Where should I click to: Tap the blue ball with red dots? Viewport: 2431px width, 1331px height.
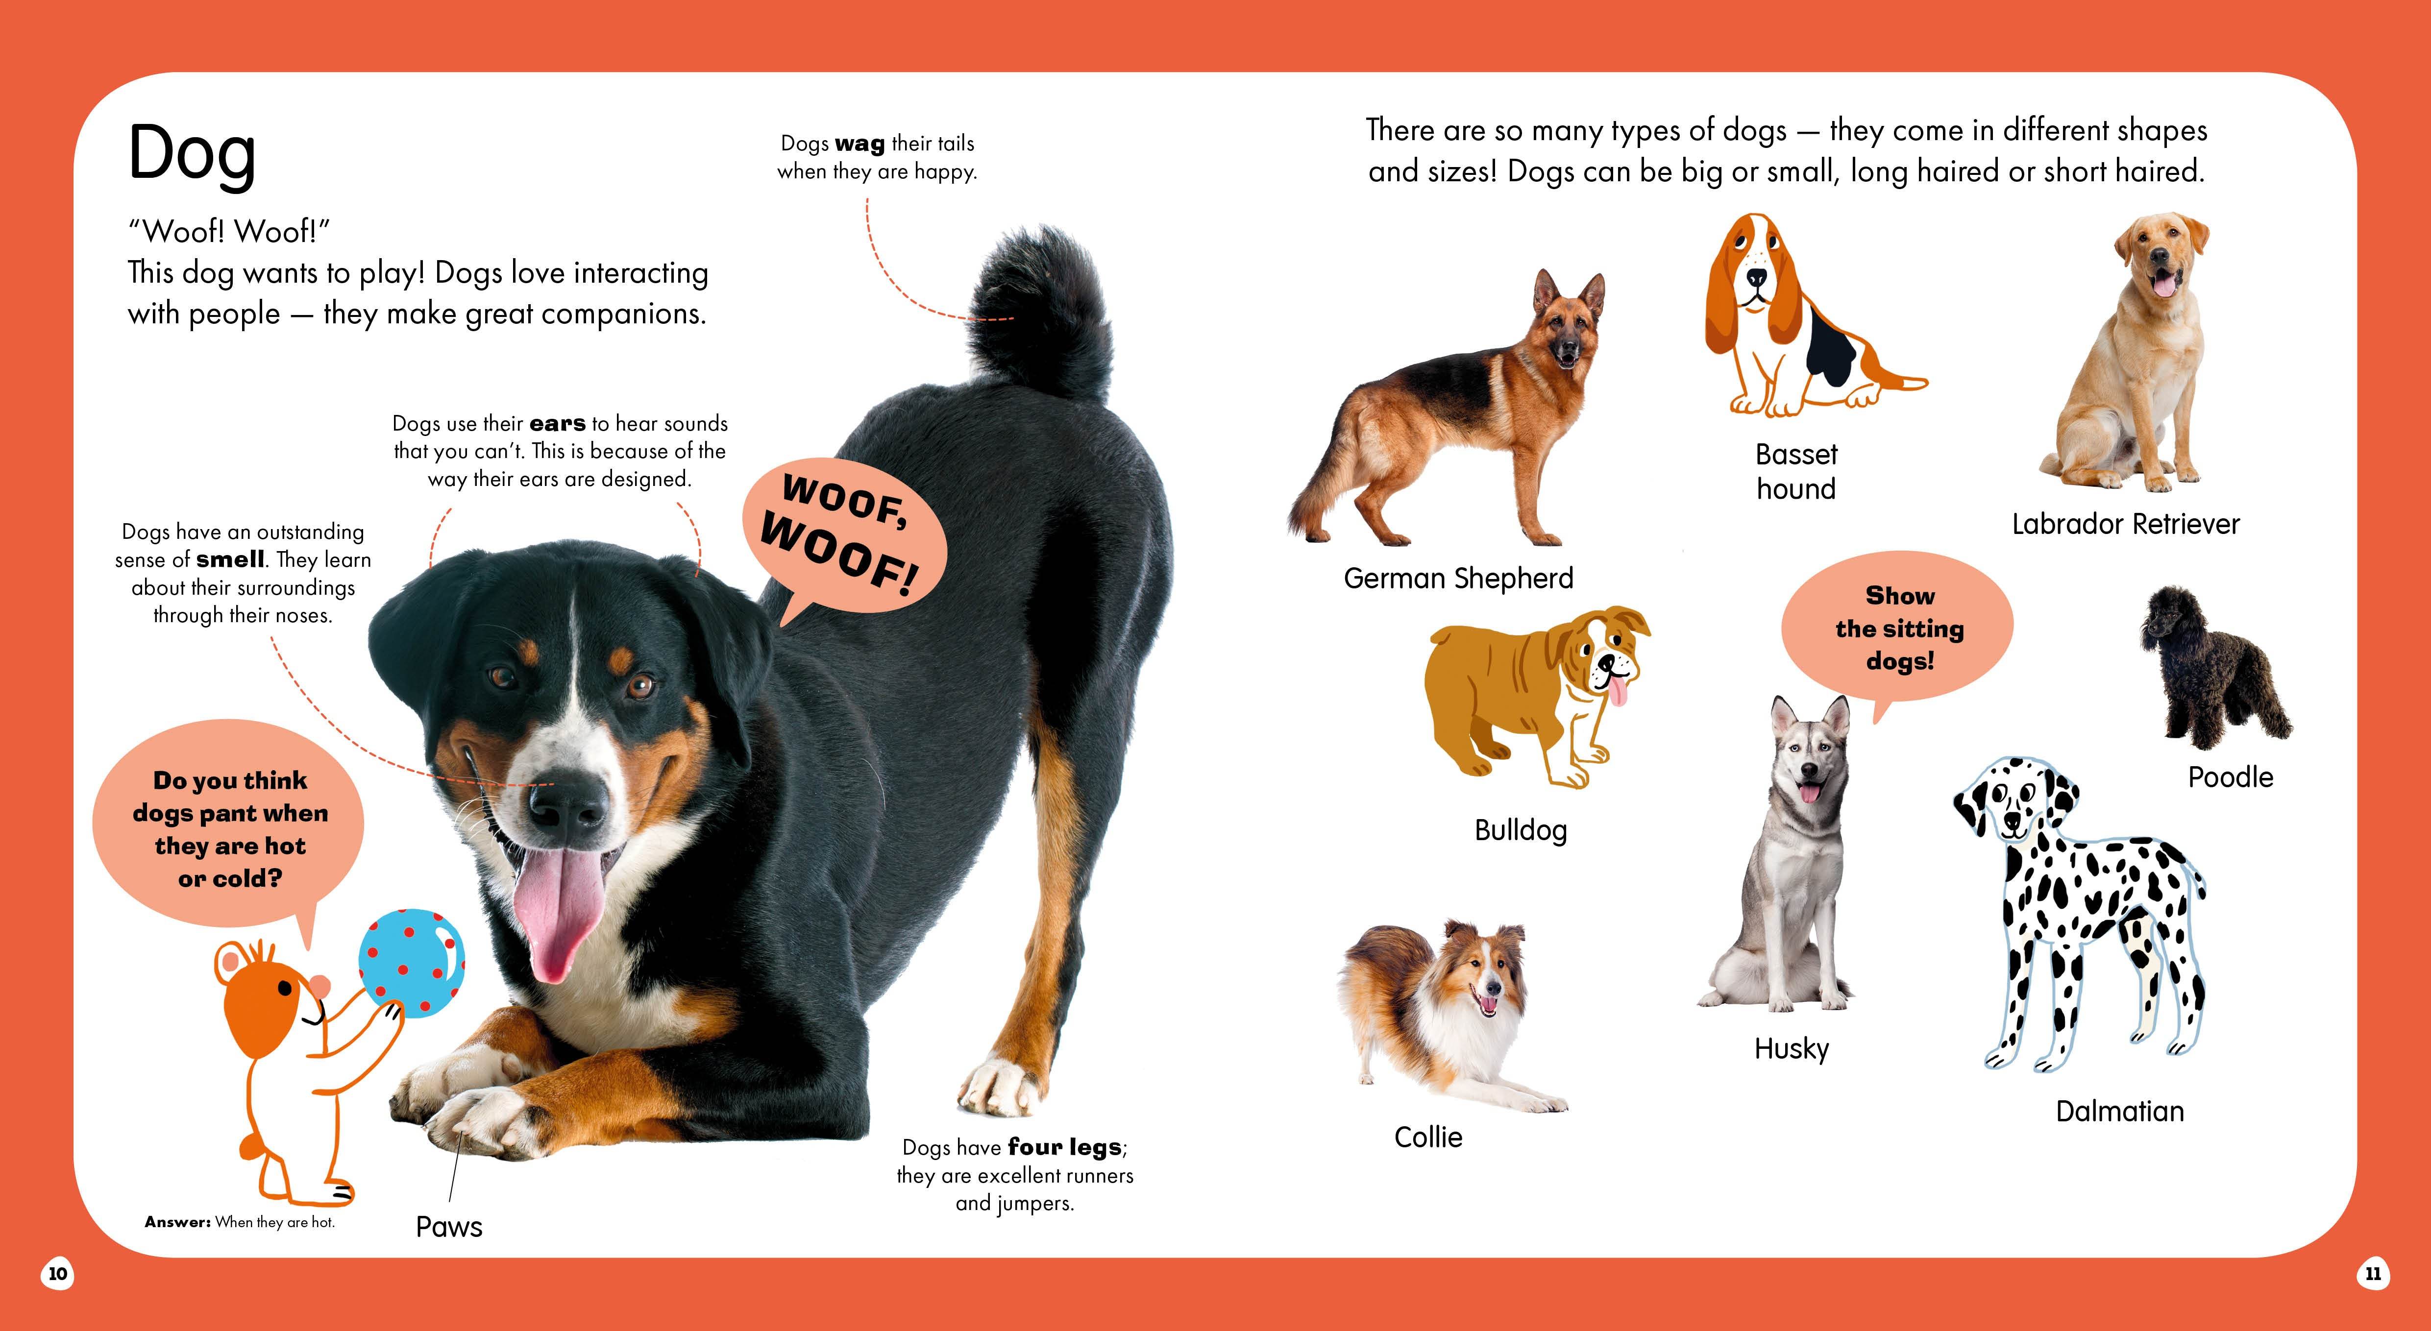(412, 963)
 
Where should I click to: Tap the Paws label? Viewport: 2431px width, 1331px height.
(449, 1226)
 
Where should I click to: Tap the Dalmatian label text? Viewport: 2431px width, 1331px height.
(2119, 1111)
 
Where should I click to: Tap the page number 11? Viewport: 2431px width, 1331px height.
(2373, 1274)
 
